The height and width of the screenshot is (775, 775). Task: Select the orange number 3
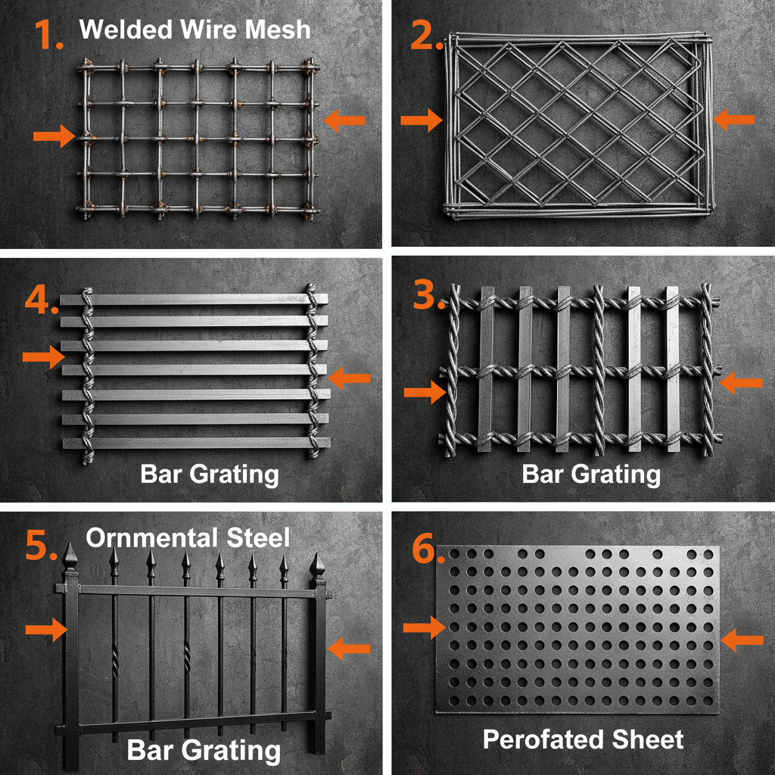point(428,296)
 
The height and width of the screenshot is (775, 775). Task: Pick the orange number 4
point(39,300)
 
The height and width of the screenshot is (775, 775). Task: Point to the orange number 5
point(39,545)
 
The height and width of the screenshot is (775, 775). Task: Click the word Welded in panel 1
point(122,30)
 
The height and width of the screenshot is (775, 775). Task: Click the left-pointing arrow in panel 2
point(734,118)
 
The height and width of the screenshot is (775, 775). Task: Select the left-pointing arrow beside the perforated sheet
point(742,640)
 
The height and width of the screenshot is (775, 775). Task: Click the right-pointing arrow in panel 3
point(425,391)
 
